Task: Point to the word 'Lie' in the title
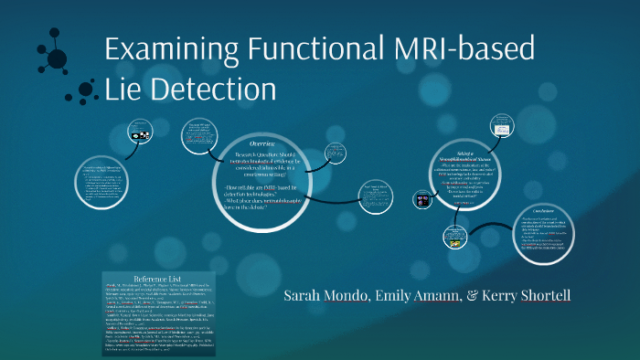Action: [x=123, y=89]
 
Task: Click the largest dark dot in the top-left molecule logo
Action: [x=58, y=58]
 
